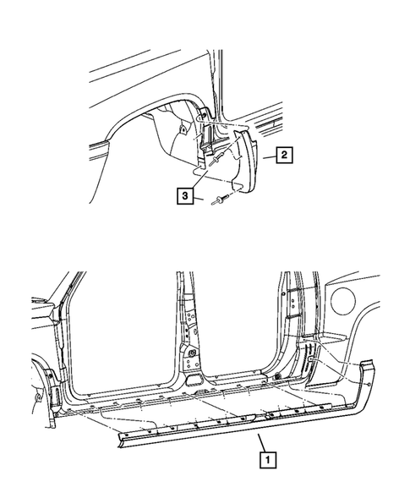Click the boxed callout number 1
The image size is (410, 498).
(x=268, y=461)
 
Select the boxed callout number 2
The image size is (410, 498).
(x=285, y=155)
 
